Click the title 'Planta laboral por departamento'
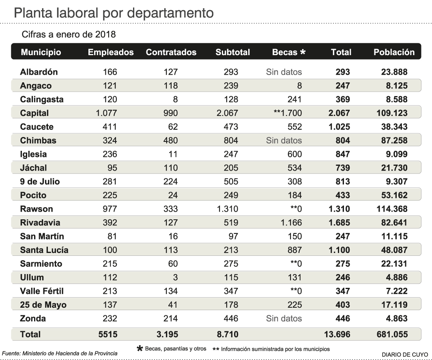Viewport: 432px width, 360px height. tap(114, 13)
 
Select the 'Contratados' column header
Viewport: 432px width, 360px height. tap(171, 52)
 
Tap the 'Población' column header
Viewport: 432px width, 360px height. tap(394, 52)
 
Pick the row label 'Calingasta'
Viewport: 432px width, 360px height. tap(42, 99)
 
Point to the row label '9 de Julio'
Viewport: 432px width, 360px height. tap(40, 182)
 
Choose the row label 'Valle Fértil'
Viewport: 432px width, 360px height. tap(42, 291)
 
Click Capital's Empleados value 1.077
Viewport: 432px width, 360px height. tap(106, 113)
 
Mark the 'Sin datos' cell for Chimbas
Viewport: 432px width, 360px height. tap(284, 141)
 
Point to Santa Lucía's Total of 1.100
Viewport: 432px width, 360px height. tap(339, 250)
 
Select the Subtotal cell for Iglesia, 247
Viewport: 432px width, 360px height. tap(230, 154)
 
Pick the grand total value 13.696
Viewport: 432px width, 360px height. tap(336, 334)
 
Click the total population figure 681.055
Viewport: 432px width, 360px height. tap(391, 334)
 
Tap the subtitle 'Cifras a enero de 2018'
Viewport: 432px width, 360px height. tap(69, 34)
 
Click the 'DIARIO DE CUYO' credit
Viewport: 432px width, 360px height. tap(405, 354)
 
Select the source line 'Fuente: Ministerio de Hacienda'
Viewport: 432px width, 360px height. tap(60, 354)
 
